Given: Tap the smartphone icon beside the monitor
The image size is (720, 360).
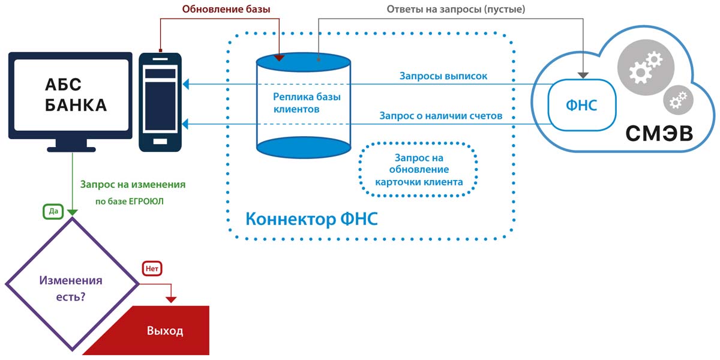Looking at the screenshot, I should click(160, 102).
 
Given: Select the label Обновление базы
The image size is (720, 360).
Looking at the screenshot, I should click(226, 9).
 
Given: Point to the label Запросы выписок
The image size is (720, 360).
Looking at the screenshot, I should click(443, 76).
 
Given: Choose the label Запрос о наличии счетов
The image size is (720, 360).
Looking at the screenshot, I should click(440, 115).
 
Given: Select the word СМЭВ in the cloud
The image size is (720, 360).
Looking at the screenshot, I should click(659, 133).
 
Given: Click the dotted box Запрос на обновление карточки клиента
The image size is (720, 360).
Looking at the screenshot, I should click(418, 170).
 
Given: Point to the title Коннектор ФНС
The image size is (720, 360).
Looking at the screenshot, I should click(311, 218).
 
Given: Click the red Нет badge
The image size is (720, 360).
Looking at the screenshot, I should click(152, 269).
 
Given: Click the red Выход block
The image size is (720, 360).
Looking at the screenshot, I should click(164, 331).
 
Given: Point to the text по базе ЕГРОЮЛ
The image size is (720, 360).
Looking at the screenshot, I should click(130, 202).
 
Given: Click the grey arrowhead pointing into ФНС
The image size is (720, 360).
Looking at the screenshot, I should click(582, 75).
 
